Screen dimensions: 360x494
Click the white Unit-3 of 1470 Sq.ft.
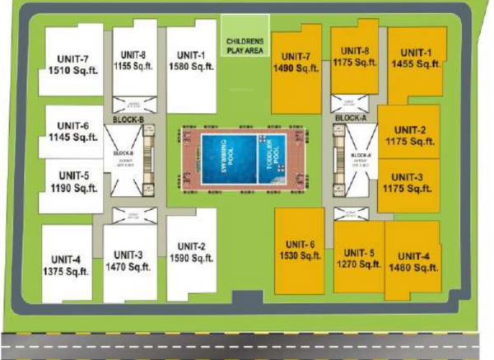click(130, 261)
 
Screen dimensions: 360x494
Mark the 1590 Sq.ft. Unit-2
click(191, 251)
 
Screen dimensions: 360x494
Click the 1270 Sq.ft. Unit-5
click(359, 259)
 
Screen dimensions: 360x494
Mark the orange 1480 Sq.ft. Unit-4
click(411, 260)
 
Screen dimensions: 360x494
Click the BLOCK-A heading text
click(352, 119)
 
